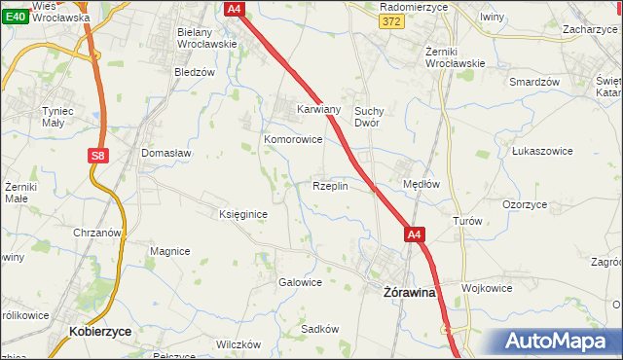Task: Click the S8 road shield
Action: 96,155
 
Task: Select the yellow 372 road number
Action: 391,22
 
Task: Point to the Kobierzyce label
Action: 100,331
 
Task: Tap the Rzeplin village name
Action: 329,186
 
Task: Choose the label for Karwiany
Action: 318,110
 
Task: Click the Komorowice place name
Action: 293,140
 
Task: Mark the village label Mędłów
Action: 421,183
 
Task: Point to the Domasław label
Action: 166,154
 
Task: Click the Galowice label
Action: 300,282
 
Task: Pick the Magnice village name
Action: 169,251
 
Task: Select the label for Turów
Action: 467,221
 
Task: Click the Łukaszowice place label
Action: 540,152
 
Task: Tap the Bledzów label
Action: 194,72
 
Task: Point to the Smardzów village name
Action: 534,82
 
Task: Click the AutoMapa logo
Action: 556,341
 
